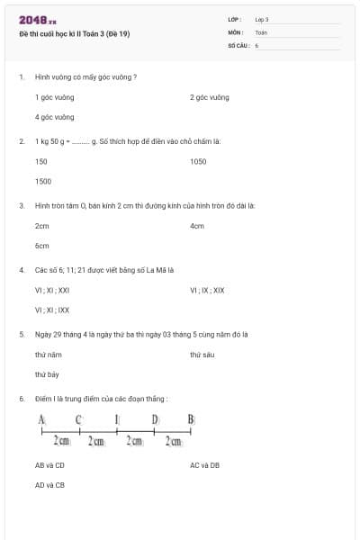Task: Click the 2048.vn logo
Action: click(x=37, y=19)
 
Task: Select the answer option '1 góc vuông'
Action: click(x=55, y=97)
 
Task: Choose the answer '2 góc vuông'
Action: click(x=210, y=97)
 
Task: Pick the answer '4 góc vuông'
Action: click(x=55, y=117)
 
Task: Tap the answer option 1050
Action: click(x=198, y=161)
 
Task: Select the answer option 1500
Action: click(x=43, y=181)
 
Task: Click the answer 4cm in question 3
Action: click(x=197, y=226)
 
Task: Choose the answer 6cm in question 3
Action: click(x=42, y=246)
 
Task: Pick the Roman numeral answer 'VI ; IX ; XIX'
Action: click(x=207, y=291)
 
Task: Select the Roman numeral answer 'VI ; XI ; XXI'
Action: click(x=52, y=291)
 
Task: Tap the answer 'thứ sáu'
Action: click(x=202, y=355)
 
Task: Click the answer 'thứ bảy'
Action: click(x=48, y=374)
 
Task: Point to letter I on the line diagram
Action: click(x=117, y=419)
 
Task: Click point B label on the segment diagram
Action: click(x=191, y=419)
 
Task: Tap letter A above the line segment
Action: click(x=41, y=419)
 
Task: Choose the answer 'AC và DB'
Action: click(x=205, y=465)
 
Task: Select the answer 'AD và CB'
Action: click(x=50, y=485)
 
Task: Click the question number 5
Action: click(x=21, y=334)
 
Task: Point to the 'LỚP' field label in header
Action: click(x=235, y=19)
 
